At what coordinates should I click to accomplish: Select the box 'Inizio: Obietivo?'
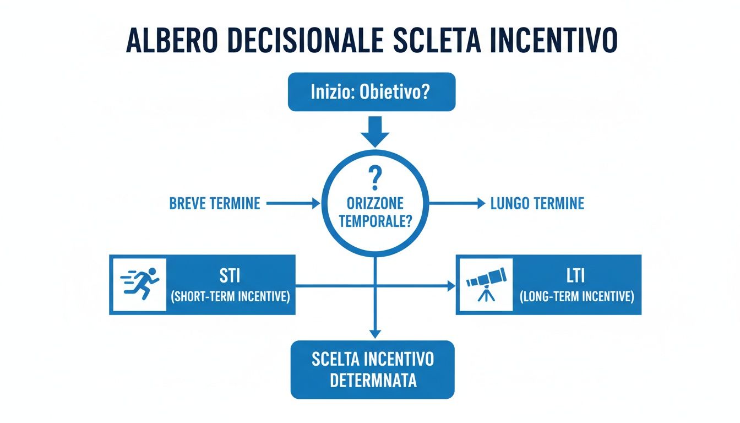[372, 91]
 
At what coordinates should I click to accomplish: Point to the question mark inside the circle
[374, 180]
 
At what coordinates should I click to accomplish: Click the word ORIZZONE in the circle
[374, 204]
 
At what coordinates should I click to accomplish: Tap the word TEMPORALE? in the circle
[374, 221]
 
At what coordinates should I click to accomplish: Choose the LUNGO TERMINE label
[537, 204]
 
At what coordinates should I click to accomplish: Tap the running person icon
[139, 284]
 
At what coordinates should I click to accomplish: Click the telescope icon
[484, 284]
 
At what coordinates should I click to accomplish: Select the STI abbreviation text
[230, 275]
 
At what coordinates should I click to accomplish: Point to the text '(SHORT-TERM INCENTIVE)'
[230, 297]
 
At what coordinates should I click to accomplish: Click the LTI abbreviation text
[576, 275]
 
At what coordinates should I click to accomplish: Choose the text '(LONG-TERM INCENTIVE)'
[576, 297]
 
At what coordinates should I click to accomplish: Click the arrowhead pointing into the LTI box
[451, 285]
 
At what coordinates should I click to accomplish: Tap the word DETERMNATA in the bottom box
[373, 381]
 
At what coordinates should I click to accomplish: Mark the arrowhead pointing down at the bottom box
[375, 333]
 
